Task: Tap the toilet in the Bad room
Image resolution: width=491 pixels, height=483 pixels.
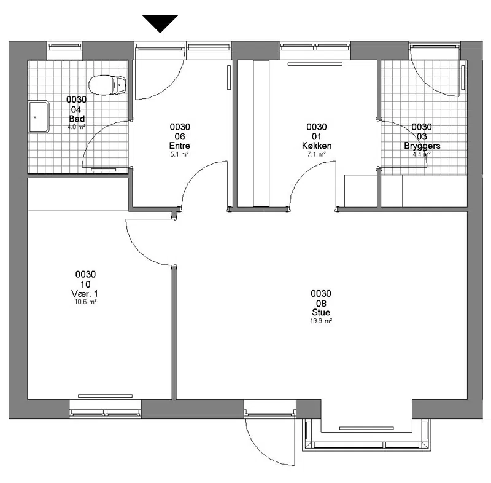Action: [x=107, y=85]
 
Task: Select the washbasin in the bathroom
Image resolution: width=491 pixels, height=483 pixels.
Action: [x=39, y=117]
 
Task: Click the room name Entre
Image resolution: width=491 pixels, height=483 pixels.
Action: [x=179, y=146]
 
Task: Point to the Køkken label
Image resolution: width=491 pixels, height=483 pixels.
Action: [x=317, y=146]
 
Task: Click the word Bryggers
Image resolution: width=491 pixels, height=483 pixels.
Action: [x=422, y=146]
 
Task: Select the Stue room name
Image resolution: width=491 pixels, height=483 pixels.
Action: [x=320, y=312]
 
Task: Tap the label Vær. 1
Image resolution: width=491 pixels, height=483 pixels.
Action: [x=85, y=294]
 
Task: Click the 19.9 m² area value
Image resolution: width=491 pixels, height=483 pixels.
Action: [x=321, y=321]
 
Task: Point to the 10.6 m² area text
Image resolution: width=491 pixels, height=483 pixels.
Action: [x=85, y=302]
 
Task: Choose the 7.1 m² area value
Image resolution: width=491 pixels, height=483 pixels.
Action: [x=317, y=154]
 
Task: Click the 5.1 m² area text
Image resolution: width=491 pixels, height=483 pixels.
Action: [x=179, y=154]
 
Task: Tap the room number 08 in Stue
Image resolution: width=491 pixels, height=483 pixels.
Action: [x=321, y=304]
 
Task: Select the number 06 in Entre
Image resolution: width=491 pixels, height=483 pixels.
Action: [x=180, y=136]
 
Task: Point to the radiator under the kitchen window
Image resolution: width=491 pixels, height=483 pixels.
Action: [x=315, y=64]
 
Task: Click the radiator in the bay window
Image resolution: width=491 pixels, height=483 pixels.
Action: [x=366, y=428]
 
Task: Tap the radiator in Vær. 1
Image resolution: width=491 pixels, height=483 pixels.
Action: [x=105, y=396]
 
